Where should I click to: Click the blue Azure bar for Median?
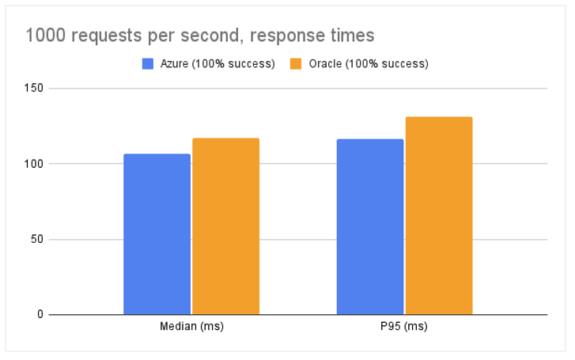157,234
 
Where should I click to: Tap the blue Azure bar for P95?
369,227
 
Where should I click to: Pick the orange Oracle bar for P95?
438,216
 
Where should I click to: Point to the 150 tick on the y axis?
32,89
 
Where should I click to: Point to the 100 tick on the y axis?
32,164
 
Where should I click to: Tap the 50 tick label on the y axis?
36,239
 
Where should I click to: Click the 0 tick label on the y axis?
39,315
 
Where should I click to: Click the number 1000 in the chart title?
44,36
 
